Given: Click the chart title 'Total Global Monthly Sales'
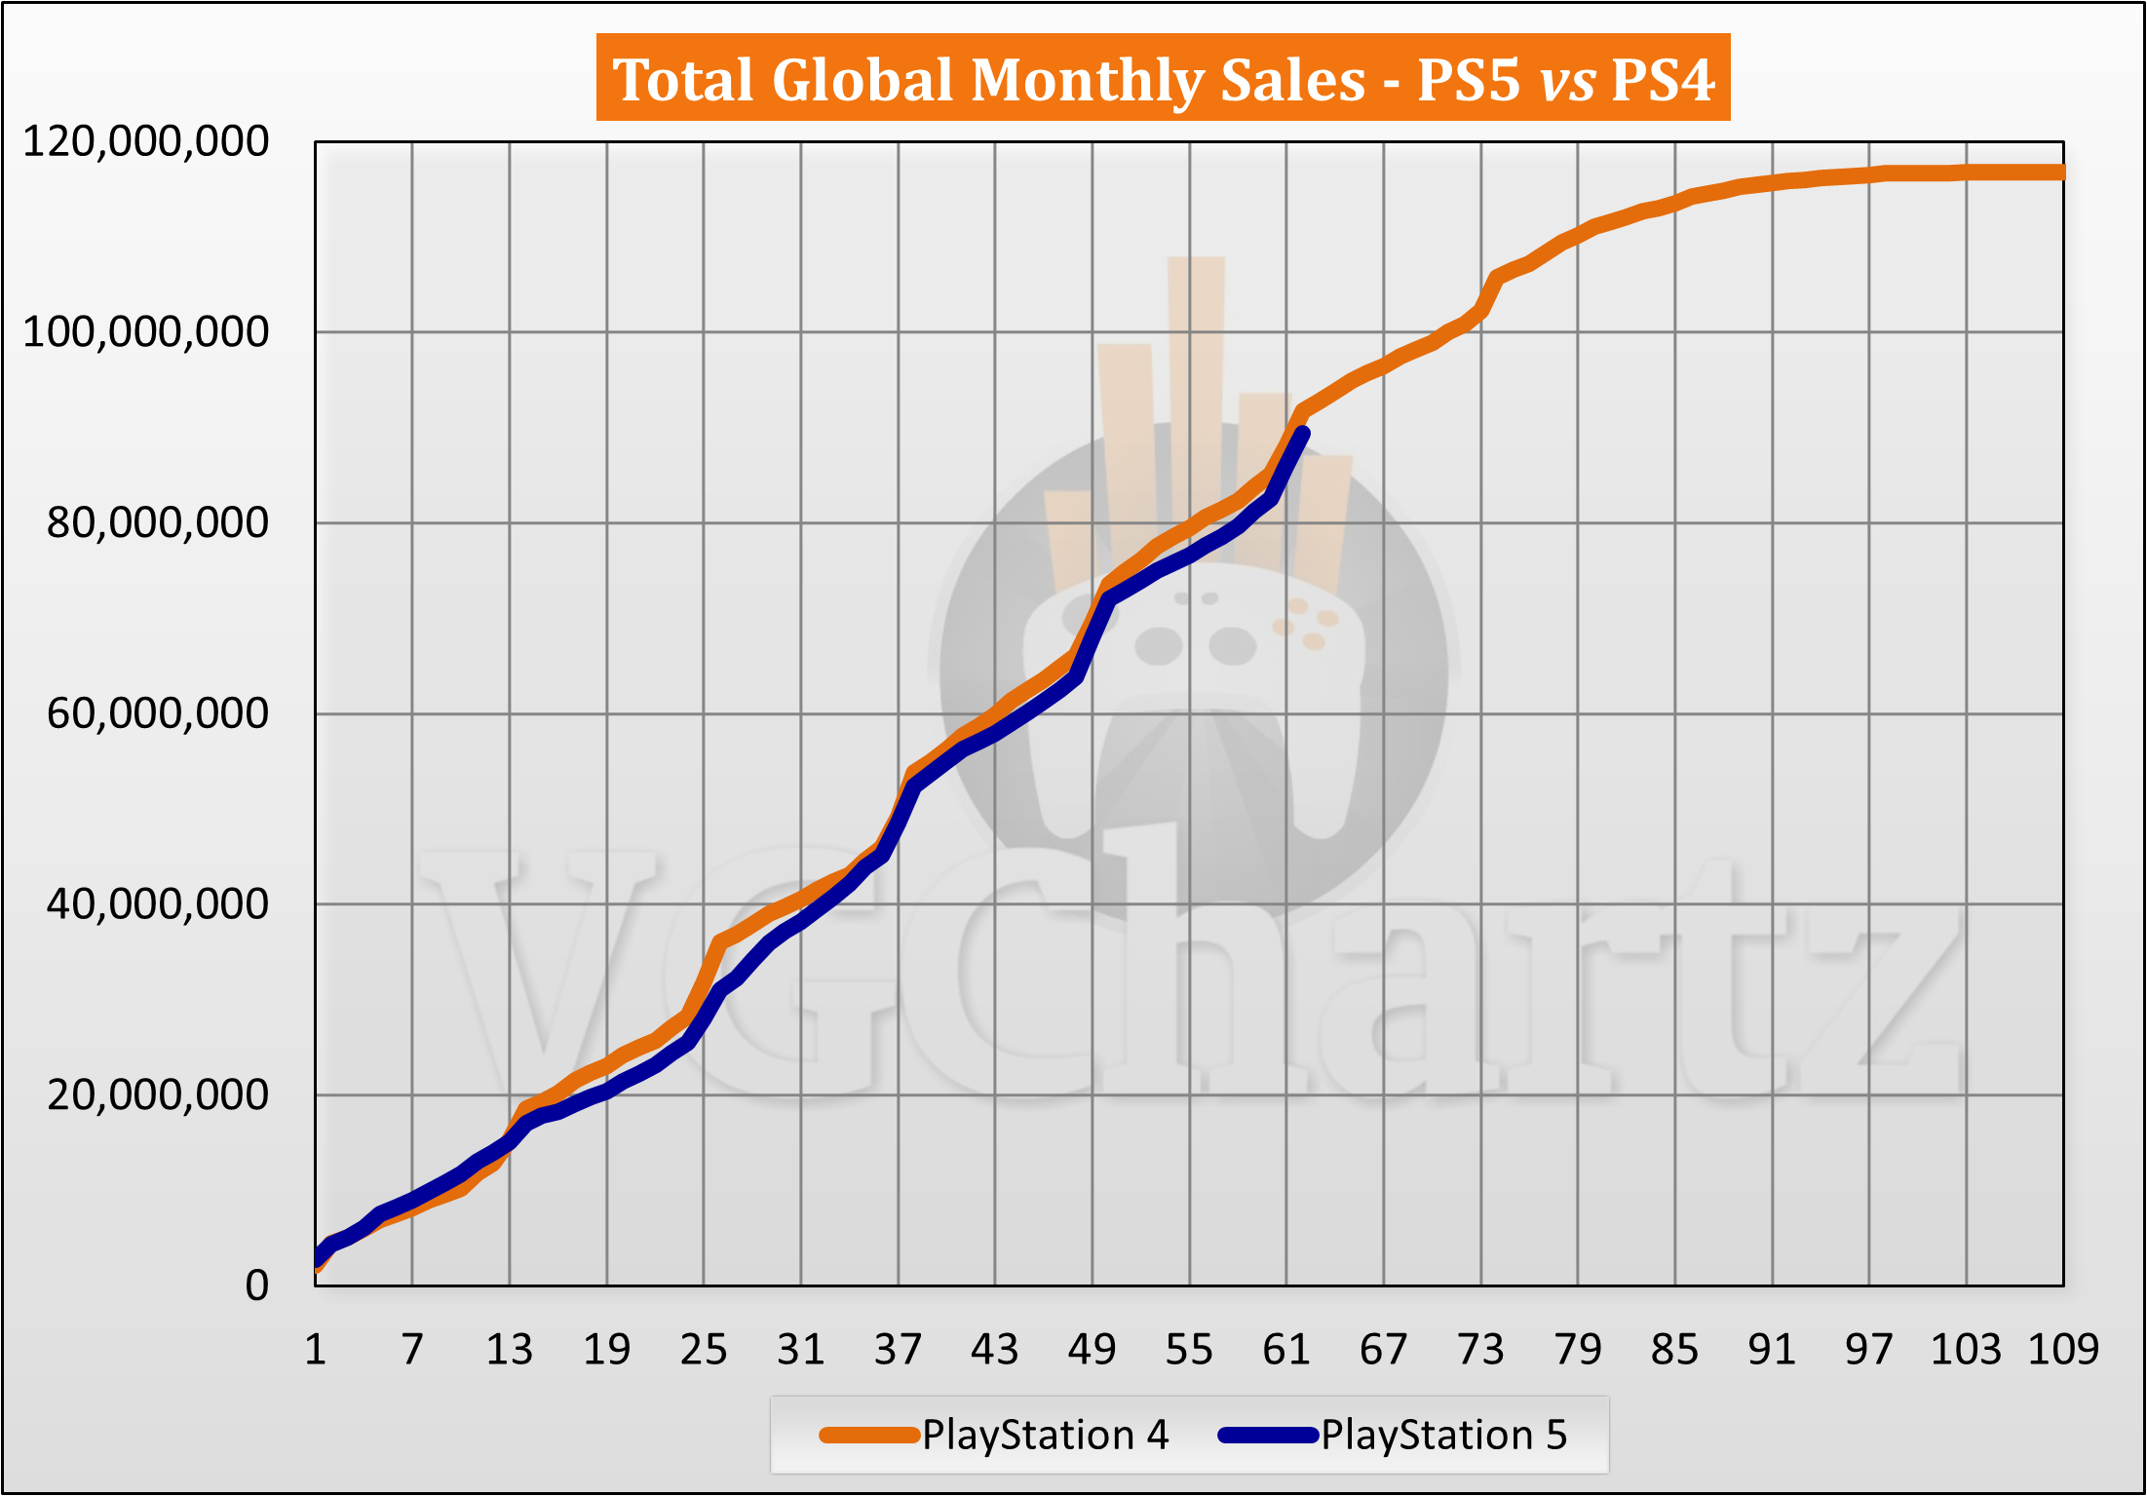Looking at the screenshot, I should (988, 79).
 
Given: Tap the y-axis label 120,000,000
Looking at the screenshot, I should (145, 142).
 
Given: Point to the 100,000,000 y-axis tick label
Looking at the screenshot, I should (145, 332).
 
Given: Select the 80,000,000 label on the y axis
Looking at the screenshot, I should (157, 523).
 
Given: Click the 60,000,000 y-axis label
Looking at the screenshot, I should (157, 713).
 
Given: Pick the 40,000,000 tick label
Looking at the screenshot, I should (157, 904).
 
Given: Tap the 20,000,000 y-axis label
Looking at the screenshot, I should (157, 1095).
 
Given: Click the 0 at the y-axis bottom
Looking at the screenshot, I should (256, 1285).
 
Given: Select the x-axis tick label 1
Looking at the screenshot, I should (315, 1350).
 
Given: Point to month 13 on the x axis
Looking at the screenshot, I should (509, 1350).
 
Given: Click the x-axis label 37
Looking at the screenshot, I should (898, 1350).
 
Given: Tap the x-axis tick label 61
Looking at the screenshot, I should (1286, 1350).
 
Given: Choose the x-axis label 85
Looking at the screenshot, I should (1674, 1350).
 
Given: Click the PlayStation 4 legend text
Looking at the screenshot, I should (1045, 1435).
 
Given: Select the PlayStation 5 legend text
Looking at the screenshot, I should (1443, 1435).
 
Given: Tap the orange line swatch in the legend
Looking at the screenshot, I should (869, 1435).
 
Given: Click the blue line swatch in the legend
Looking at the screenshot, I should (1268, 1435).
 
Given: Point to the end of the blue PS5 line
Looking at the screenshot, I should (1303, 434).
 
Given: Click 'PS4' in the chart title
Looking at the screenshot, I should (1663, 79).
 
